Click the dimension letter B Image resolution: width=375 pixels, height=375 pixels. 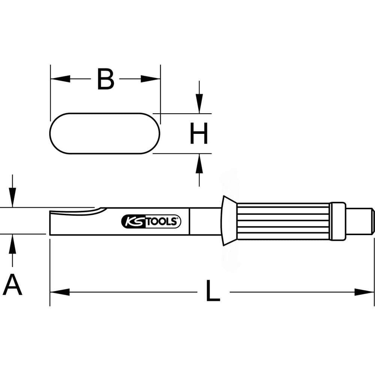pos(106,79)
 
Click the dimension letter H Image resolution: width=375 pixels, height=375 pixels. pos(198,133)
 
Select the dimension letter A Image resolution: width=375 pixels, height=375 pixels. pos(12,285)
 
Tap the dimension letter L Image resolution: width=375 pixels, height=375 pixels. pos(213,290)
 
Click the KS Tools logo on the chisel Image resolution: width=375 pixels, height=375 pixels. pos(151,221)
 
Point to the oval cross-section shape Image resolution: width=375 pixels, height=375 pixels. pos(105,133)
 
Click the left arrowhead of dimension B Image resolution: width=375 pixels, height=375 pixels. pos(60,79)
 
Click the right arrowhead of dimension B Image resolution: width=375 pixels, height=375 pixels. pos(150,79)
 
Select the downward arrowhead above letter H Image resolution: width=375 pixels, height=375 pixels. pos(199,103)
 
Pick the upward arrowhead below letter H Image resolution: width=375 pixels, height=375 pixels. pos(199,163)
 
